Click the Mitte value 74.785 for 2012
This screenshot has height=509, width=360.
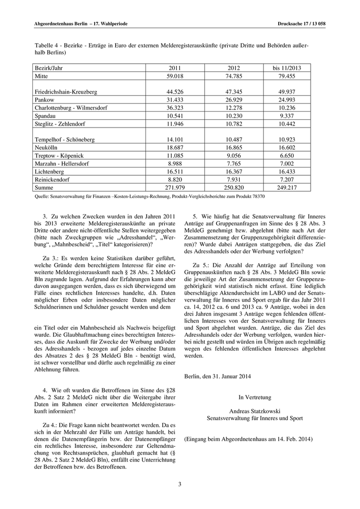click(x=235, y=76)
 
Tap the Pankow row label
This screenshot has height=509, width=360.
click(x=44, y=100)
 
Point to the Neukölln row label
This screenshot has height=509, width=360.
click(x=46, y=148)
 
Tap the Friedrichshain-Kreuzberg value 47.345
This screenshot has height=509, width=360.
click(x=235, y=92)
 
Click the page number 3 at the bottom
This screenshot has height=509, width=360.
click(x=180, y=484)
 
